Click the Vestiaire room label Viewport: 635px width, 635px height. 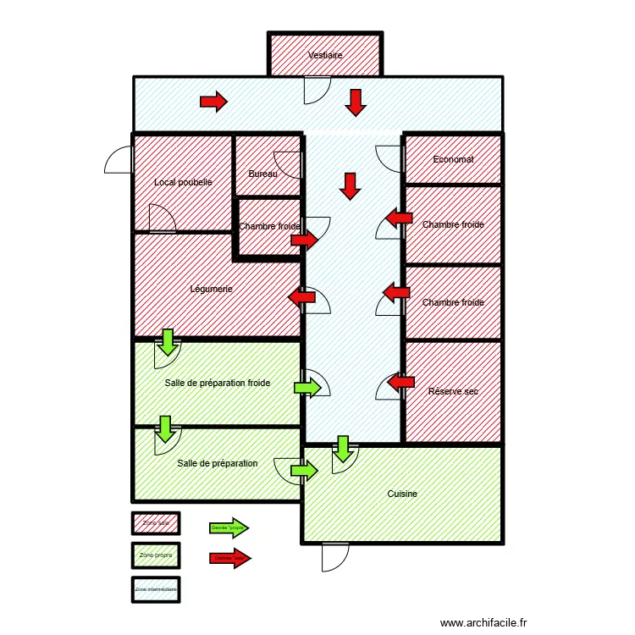point(325,55)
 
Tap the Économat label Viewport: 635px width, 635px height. point(453,159)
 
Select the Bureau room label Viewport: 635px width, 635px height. point(262,174)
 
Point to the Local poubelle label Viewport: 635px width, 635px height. point(183,182)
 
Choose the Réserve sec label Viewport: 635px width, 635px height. point(453,391)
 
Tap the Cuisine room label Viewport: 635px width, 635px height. point(402,494)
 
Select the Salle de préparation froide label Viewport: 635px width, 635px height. point(218,383)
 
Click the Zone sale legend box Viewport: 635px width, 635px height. point(155,524)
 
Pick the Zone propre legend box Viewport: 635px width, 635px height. point(155,555)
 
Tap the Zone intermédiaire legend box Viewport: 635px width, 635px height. point(155,588)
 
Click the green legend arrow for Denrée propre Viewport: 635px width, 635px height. point(229,527)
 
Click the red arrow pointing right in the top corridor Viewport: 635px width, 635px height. point(213,102)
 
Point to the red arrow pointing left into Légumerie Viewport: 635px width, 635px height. point(302,297)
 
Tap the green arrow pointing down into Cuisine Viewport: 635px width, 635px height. point(343,448)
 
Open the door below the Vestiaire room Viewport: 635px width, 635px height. point(317,89)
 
